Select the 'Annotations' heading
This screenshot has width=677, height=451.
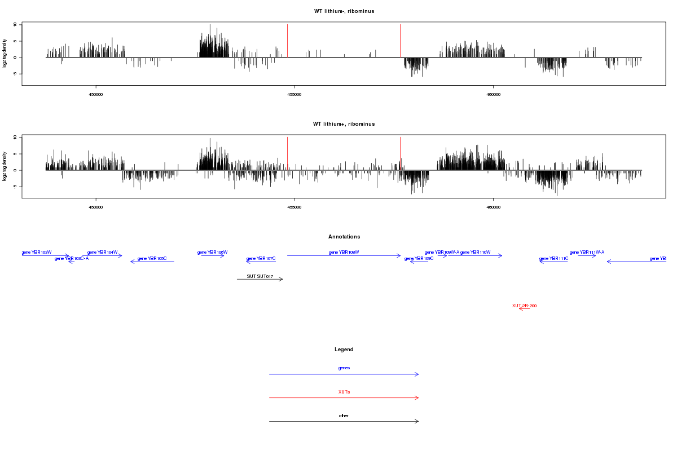point(344,237)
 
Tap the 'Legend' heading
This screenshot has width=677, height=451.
point(344,350)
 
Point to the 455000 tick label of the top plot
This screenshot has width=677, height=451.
point(294,94)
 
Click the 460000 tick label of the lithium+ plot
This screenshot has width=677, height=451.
point(493,207)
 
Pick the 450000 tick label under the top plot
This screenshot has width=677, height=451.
point(96,94)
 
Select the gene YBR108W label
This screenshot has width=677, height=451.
point(344,253)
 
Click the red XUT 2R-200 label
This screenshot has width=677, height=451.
point(524,306)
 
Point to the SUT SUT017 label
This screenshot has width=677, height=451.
point(260,276)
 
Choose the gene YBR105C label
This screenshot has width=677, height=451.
point(152,258)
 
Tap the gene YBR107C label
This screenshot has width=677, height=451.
point(261,258)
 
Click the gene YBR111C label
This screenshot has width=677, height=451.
point(553,258)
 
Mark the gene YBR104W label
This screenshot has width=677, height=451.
point(103,253)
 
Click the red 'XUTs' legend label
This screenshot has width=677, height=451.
point(344,392)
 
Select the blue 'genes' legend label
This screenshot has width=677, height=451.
point(344,368)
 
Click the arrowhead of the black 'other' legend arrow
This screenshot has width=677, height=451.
point(417,421)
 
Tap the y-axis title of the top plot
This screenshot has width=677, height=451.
point(5,54)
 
